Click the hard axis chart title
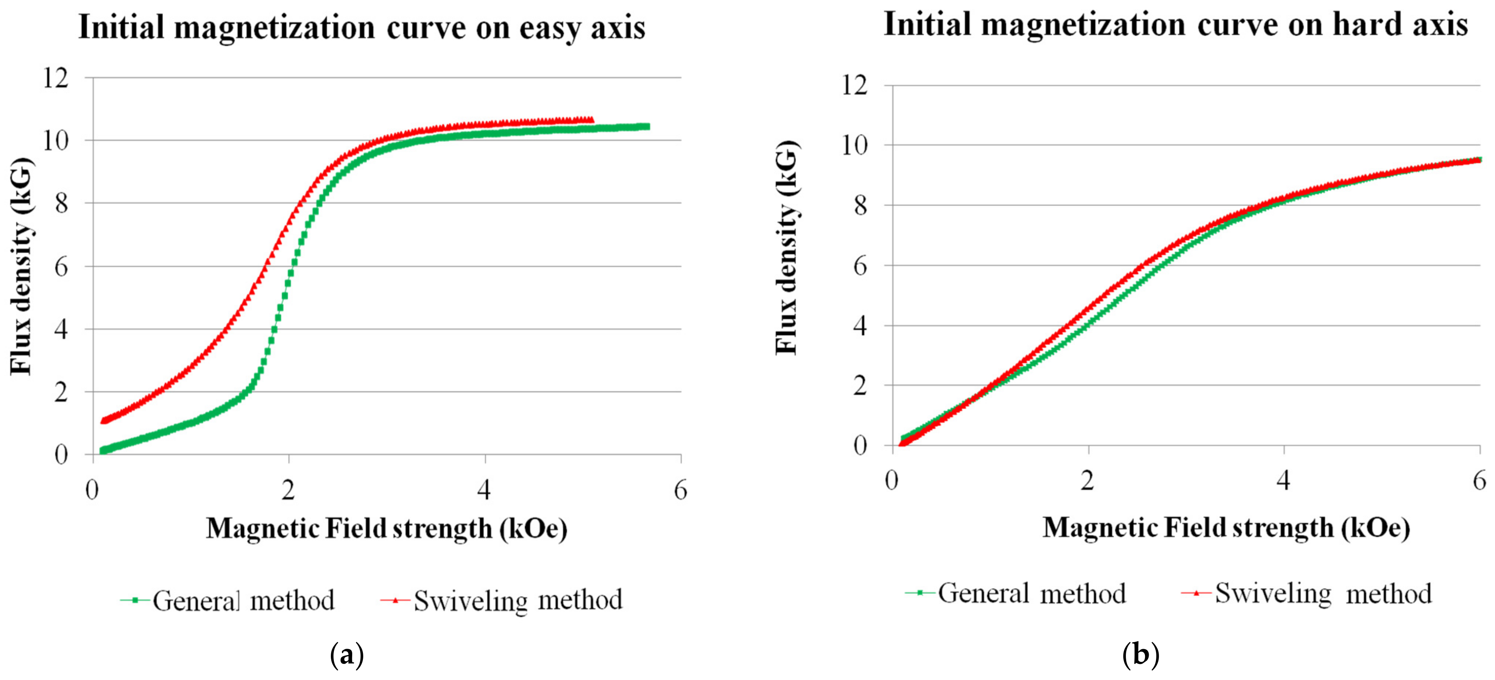1175,25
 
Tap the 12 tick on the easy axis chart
56,78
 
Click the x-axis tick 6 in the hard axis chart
1479,481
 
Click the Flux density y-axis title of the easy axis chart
21,266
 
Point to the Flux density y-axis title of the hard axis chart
788,247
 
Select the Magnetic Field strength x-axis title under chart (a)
386,528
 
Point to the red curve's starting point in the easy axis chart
104,421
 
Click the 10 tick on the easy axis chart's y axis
56,141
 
